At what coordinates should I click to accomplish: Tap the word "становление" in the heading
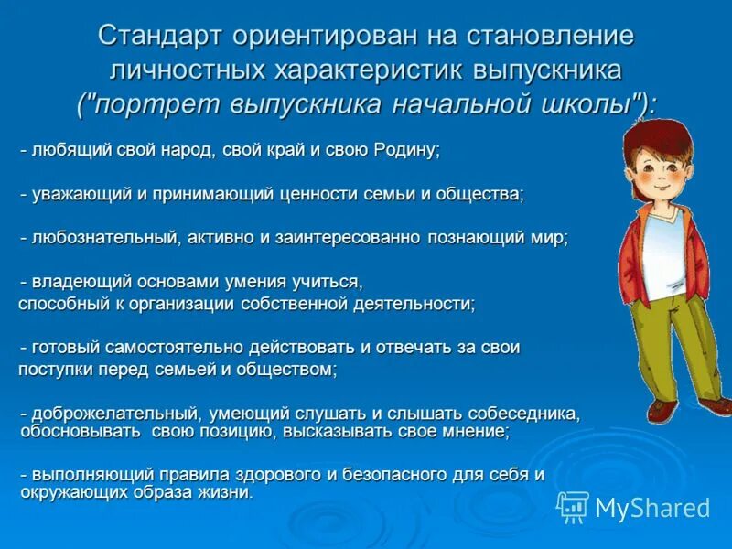tap(547, 37)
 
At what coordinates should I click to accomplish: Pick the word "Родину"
tap(406, 151)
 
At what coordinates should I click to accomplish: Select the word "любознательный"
tap(105, 237)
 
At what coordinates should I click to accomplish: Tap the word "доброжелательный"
tap(113, 414)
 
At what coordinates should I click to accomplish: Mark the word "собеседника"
tap(521, 414)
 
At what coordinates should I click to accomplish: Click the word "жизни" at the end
tap(228, 492)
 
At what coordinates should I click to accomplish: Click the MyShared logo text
tap(651, 507)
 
